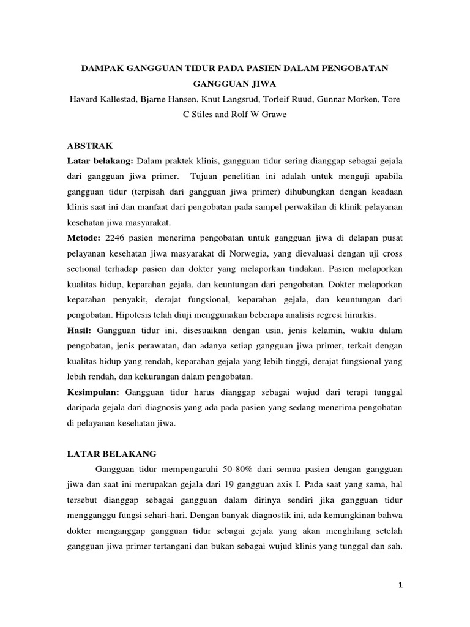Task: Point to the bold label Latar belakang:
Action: point(100,161)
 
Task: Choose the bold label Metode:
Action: point(84,237)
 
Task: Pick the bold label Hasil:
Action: point(80,330)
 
